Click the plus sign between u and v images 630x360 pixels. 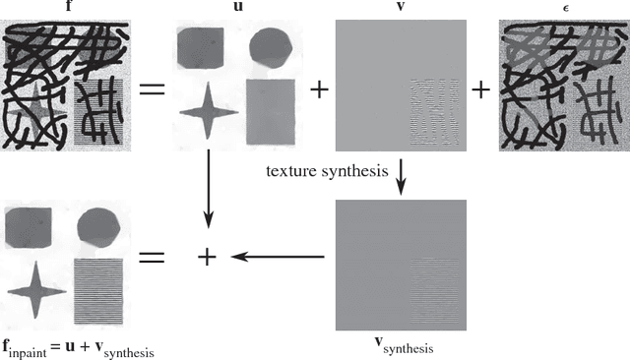318,90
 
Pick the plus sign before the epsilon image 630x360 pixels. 480,90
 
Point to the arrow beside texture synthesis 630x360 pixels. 402,173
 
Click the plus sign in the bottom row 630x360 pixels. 206,257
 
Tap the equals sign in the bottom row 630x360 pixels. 150,257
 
